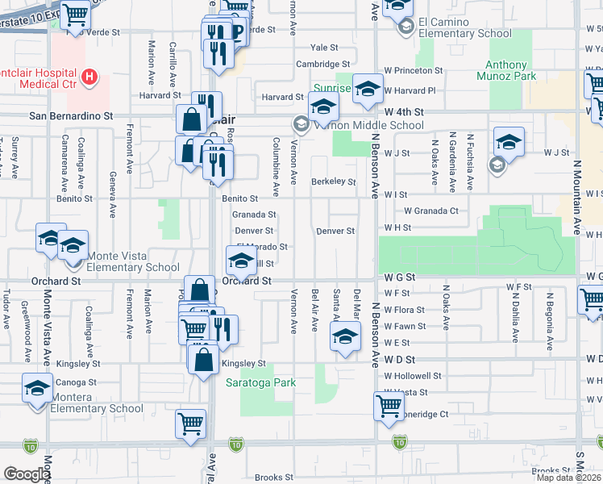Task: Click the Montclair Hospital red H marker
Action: (x=90, y=78)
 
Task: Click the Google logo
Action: (x=26, y=474)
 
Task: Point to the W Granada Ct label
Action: (x=430, y=211)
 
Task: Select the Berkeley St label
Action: (x=333, y=182)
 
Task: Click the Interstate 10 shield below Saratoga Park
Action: (x=235, y=444)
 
